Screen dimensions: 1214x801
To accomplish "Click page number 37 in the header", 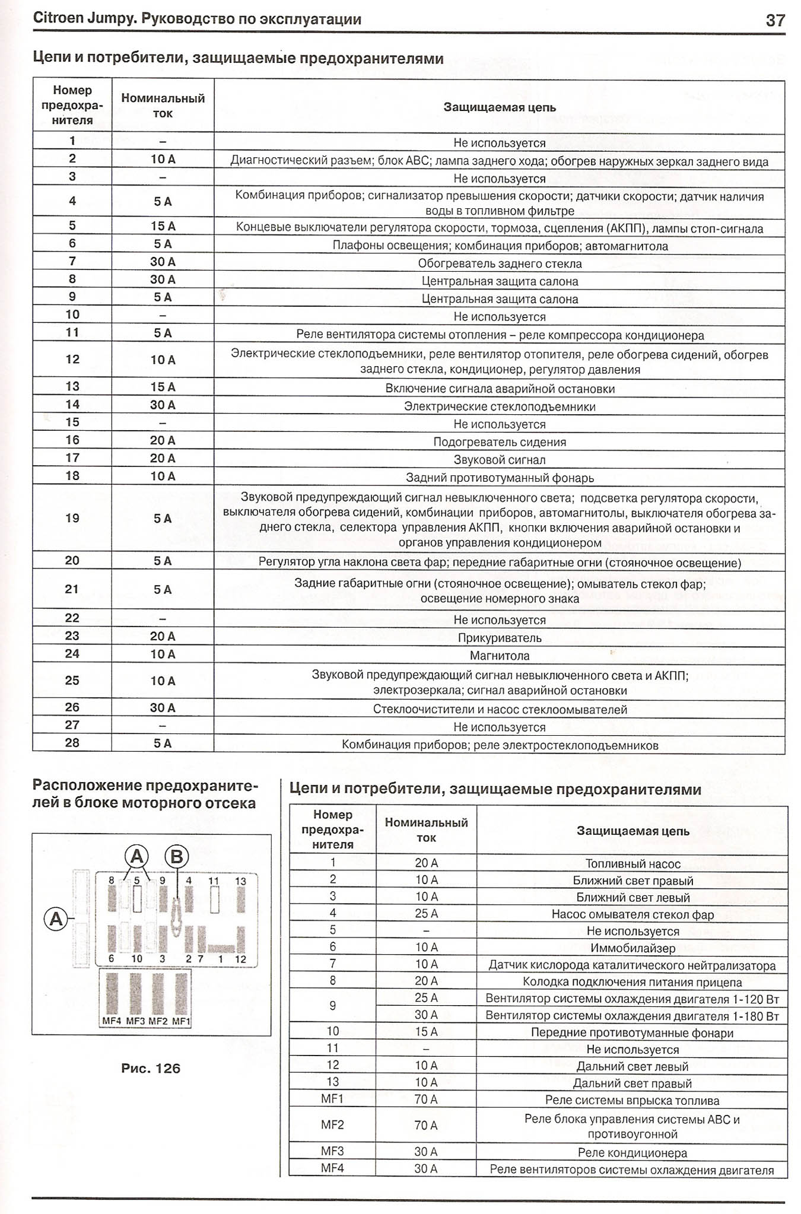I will tap(775, 20).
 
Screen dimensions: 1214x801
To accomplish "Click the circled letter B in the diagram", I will tap(176, 856).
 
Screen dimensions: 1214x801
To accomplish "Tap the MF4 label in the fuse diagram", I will tap(112, 1021).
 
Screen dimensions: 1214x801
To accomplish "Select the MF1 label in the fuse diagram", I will tap(182, 1021).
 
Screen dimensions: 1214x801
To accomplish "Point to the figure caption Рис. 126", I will tap(151, 1068).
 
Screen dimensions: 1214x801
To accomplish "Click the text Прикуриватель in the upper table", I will tap(500, 638).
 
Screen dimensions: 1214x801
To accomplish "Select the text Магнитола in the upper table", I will tap(500, 656).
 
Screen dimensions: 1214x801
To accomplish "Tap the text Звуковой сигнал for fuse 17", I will tap(500, 460).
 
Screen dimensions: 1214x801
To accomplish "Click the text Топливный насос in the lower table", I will tap(632, 864).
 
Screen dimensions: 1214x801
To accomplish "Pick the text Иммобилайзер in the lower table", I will tap(632, 948).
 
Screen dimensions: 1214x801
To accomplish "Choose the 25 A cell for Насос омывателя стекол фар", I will tap(426, 914).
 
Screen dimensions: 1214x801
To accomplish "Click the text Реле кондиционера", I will tap(632, 1153).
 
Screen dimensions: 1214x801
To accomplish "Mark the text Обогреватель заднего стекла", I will tap(500, 263).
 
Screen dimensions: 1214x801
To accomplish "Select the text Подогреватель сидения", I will tap(500, 442).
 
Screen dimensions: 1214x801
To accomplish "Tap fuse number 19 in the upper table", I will tap(72, 518).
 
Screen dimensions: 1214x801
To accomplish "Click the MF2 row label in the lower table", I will tap(332, 1124).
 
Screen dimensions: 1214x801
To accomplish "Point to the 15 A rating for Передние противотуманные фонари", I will tap(426, 1032).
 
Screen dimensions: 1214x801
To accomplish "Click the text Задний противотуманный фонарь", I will tap(500, 478).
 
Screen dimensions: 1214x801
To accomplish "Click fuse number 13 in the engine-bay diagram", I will tap(240, 881).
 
